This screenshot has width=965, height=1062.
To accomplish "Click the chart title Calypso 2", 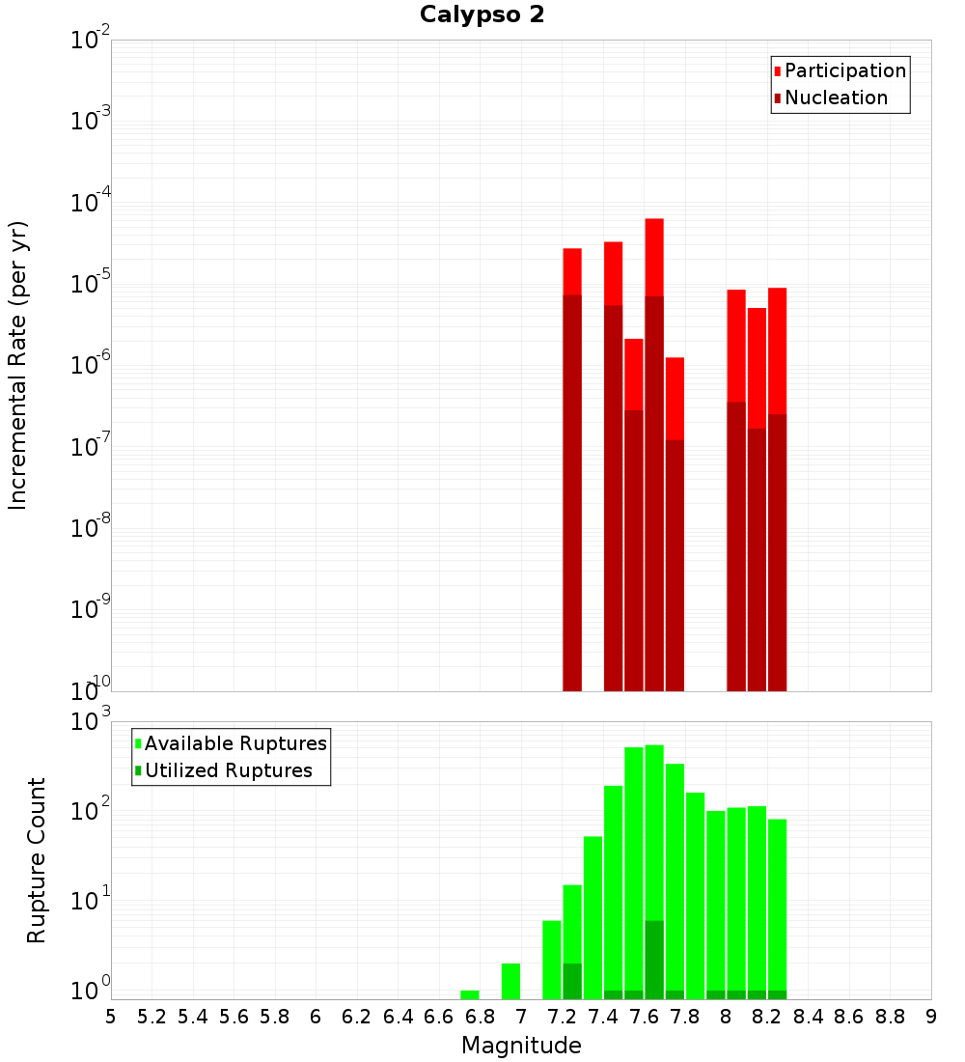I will tap(482, 15).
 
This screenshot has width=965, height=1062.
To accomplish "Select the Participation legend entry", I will tap(845, 70).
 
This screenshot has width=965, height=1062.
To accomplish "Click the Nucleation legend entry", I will tap(836, 98).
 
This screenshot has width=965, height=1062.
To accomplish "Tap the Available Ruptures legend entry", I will tap(235, 743).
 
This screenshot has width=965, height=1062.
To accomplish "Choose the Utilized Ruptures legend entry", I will tap(228, 770).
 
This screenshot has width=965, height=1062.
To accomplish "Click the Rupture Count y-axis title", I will tap(37, 859).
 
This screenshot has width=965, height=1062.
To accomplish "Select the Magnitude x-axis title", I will tap(521, 1046).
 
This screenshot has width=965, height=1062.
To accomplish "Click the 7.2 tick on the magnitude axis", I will tap(562, 1017).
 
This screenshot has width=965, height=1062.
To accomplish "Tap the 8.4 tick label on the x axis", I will tap(808, 1017).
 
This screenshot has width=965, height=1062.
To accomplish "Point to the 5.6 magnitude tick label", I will tap(234, 1017).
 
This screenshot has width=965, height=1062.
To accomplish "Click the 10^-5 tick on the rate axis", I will tap(92, 284).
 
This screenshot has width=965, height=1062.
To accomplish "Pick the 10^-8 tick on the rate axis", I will tap(92, 528).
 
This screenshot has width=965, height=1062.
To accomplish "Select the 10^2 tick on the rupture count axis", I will tap(92, 810).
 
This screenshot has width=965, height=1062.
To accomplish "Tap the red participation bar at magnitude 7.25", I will tap(572, 271).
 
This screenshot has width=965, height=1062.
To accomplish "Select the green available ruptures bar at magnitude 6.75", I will tap(470, 994).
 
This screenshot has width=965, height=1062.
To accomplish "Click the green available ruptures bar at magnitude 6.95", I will tap(510, 981).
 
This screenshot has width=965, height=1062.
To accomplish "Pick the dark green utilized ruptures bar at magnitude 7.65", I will tap(654, 960).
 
